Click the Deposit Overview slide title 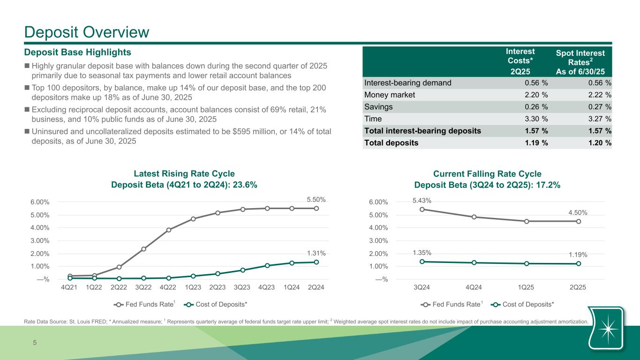point(87,32)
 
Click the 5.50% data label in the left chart point(316,200)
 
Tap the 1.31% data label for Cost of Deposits point(316,253)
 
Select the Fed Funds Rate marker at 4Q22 point(168,230)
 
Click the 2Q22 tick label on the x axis point(119,287)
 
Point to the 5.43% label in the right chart point(422,200)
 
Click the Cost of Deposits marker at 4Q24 point(474,262)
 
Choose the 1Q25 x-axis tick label point(527,287)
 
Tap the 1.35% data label point(422,253)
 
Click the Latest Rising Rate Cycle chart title point(184,173)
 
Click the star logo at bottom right point(607,328)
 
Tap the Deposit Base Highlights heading point(77,52)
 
